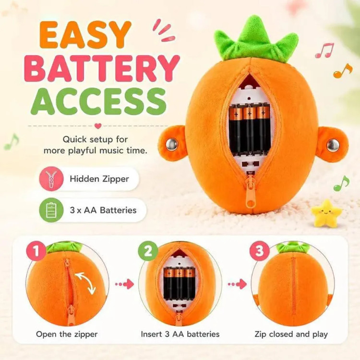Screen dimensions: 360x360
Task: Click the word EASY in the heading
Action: pos(85,35)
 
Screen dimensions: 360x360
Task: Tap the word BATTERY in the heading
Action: pos(101,69)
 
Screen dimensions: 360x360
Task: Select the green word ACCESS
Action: pos(99,102)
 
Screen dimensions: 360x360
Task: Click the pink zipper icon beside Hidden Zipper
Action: pos(51,179)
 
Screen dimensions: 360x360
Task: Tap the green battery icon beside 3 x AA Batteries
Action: pos(51,210)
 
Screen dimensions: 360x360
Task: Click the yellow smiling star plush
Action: pos(326,212)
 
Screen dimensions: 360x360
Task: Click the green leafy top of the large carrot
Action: pos(255,39)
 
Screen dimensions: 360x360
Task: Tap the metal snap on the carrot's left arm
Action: pos(171,145)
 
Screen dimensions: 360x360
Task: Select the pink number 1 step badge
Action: pos(36,251)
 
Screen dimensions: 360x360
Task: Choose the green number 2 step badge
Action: pos(148,251)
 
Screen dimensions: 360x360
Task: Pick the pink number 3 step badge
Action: pos(259,251)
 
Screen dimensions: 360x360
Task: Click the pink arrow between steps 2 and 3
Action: pos(238,284)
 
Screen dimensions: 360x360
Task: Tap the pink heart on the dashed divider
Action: pos(98,126)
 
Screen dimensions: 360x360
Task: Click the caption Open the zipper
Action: pos(67,334)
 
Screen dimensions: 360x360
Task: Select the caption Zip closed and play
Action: pos(291,334)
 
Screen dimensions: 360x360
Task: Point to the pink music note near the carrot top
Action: pos(324,50)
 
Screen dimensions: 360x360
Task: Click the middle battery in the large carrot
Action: pos(250,129)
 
